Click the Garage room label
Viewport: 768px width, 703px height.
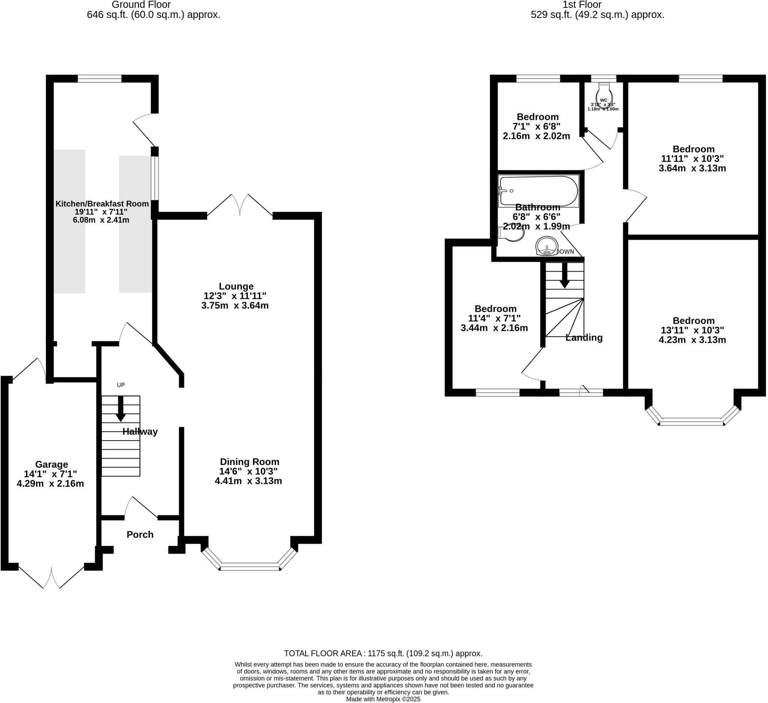pos(51,464)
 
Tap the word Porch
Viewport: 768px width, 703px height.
pos(140,534)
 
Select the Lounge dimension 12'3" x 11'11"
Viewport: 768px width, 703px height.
pos(235,295)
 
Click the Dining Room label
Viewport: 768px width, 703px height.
pos(249,462)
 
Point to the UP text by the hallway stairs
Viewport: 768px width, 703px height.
pos(120,385)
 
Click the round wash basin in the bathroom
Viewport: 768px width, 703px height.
pos(547,246)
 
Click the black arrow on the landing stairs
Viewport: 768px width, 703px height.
pos(565,275)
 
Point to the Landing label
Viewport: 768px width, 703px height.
pos(583,338)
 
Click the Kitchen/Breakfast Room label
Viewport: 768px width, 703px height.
pos(102,204)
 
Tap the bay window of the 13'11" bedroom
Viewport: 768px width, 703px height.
pos(691,421)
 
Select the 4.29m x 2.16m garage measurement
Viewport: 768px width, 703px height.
pos(50,484)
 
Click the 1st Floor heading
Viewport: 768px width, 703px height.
pos(582,4)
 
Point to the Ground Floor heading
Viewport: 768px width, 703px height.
pos(141,4)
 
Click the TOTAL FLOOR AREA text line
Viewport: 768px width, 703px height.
pos(383,654)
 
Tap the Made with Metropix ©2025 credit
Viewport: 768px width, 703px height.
pos(383,699)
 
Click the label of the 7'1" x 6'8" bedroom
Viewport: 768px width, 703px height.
pos(537,117)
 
